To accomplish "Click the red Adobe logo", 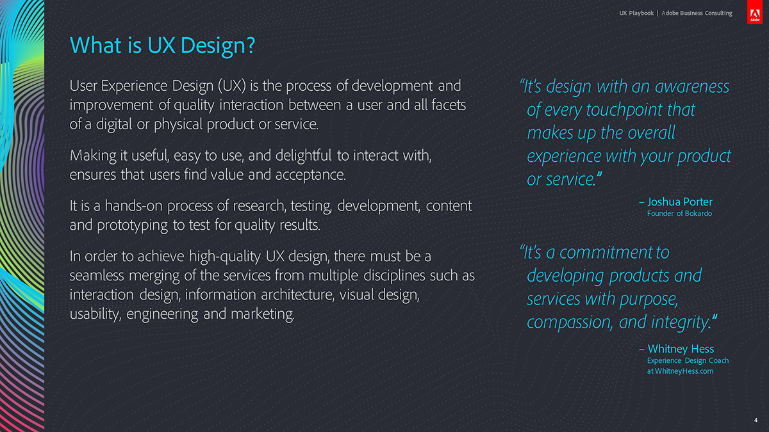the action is (x=755, y=12).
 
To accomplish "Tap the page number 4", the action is (x=756, y=420).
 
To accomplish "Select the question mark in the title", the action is (x=251, y=45).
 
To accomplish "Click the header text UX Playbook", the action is (x=636, y=13).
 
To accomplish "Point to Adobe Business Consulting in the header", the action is (x=697, y=13).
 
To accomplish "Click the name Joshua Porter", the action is (x=680, y=202).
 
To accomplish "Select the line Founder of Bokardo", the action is (x=679, y=213).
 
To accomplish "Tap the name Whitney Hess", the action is (x=681, y=349).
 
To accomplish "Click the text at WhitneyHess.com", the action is (x=680, y=371).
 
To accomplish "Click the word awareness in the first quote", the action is (x=691, y=87).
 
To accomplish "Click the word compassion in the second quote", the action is (x=570, y=323).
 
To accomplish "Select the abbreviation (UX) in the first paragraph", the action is (x=232, y=86).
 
